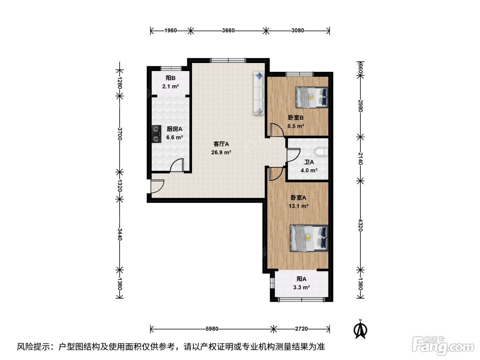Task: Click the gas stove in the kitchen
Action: coord(156,134)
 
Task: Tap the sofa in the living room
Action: coord(259,93)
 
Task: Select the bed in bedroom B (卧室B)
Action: coord(312,97)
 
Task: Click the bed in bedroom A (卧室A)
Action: coord(309,238)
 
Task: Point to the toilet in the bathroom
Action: coord(322,152)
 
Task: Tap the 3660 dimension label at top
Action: coord(228,31)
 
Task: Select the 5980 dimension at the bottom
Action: coord(212,329)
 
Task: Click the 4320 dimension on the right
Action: coord(360,225)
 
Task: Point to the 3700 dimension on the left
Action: coord(120,134)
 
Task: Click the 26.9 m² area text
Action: coord(221,152)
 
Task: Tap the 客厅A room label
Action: coord(221,144)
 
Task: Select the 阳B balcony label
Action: coord(170,78)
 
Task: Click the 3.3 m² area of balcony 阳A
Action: coord(301,287)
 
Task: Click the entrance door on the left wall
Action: coord(157,187)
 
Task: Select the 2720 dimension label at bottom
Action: coord(301,329)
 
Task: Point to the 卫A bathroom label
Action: coord(309,162)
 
